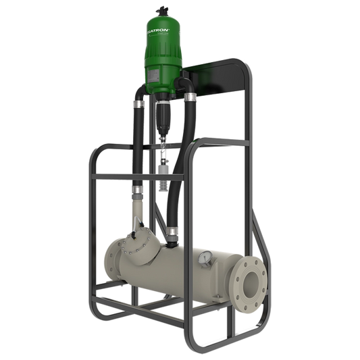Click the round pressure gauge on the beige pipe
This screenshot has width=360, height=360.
coord(203,258)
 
